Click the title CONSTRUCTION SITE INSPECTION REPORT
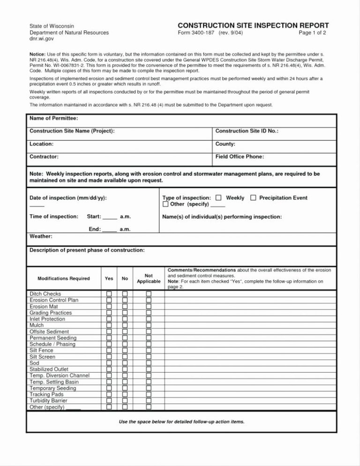pos(253,25)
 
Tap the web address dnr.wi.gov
pos(42,40)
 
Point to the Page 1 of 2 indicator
pos(312,33)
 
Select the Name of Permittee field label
pos(54,118)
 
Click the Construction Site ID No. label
pos(247,131)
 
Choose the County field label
pos(225,144)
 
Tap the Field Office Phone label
pos(240,157)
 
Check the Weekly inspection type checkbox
pos(218,198)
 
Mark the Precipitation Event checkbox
pos(253,198)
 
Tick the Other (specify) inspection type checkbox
pos(165,204)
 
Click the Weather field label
pos(41,236)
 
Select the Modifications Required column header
pos(63,278)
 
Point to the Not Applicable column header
pos(149,278)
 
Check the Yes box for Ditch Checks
pos(109,294)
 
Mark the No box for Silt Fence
pos(125,351)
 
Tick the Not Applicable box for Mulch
pos(149,325)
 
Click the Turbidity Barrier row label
pos(48,401)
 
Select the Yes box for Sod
pos(109,363)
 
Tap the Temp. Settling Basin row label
pos(54,382)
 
